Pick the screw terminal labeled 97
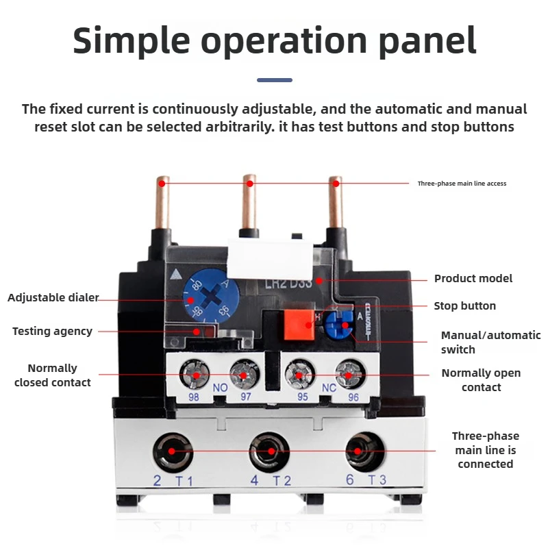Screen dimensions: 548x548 pyautogui.click(x=244, y=375)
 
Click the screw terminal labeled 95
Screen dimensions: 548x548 pyautogui.click(x=299, y=375)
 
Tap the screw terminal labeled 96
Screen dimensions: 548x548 pyautogui.click(x=347, y=375)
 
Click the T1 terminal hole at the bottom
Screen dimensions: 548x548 pyautogui.click(x=173, y=451)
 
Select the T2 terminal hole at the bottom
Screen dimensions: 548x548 pyautogui.click(x=271, y=451)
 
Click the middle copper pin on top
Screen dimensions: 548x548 pyautogui.click(x=250, y=206)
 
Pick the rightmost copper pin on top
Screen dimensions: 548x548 pyautogui.click(x=336, y=206)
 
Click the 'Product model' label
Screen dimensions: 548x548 pyautogui.click(x=473, y=279)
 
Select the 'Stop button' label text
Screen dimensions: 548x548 pyautogui.click(x=464, y=306)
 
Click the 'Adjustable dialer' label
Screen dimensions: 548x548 pyautogui.click(x=53, y=298)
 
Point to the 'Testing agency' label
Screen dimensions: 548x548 pyautogui.click(x=52, y=332)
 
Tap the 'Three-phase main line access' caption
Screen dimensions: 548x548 pyautogui.click(x=462, y=184)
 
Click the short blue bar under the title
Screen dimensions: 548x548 pyautogui.click(x=274, y=80)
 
